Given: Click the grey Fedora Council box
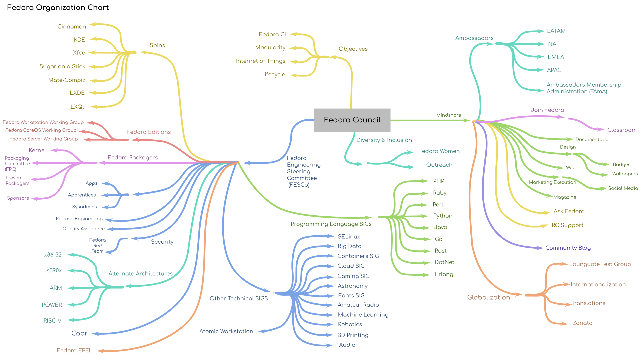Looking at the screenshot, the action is (x=352, y=120).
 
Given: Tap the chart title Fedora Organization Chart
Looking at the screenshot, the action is (x=58, y=8).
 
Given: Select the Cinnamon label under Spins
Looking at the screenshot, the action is (x=72, y=27).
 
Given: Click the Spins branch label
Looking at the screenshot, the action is (x=157, y=46).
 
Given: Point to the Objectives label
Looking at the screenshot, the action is (x=353, y=49).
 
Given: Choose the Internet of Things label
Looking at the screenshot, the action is (x=261, y=61).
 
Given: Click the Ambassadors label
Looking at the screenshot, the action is (x=474, y=38).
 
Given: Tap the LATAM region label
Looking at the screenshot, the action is (x=556, y=31).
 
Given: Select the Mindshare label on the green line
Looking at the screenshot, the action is (x=449, y=115).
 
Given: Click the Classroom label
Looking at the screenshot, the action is (x=622, y=130).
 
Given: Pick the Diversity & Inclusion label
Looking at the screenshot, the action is (x=384, y=140).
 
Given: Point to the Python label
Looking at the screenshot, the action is (x=443, y=216).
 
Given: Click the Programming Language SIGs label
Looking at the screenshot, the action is (x=331, y=224).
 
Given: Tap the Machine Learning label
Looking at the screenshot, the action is (x=363, y=315).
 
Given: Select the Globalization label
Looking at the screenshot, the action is (x=489, y=297).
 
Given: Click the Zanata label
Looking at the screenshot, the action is (x=582, y=323).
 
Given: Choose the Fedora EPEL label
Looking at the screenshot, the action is (x=74, y=350).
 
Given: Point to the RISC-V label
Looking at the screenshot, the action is (x=52, y=321).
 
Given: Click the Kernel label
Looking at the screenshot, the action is (x=37, y=150).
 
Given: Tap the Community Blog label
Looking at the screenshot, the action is (x=568, y=248).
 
